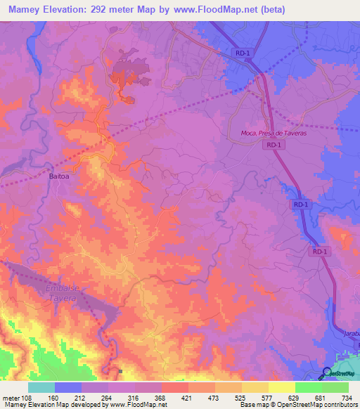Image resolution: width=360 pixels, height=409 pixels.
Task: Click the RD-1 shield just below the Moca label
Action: [x=274, y=145]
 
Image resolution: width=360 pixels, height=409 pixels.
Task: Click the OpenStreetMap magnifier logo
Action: [x=327, y=373]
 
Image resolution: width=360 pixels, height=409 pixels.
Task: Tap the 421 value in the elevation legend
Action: [x=188, y=398]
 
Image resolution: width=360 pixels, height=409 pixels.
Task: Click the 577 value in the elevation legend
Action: [x=268, y=398]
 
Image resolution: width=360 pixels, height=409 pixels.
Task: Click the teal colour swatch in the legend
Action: [x=41, y=387]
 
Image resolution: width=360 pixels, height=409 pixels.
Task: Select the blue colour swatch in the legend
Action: [x=67, y=387]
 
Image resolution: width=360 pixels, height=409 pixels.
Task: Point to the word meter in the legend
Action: [x=11, y=398]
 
